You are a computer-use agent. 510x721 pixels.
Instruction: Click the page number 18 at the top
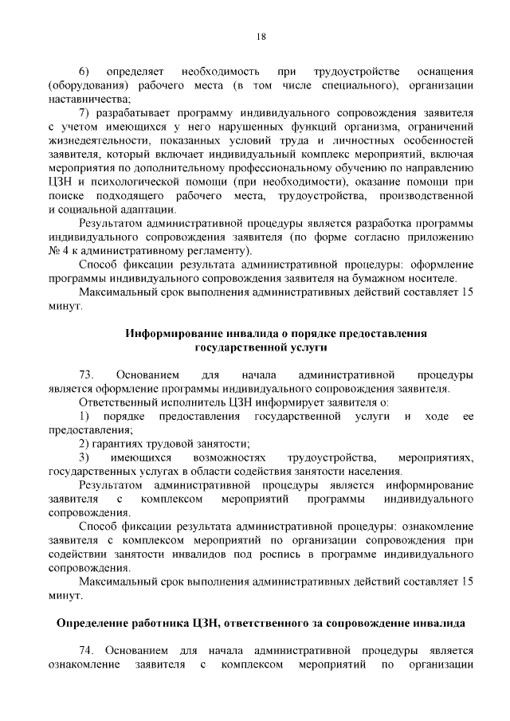(261, 36)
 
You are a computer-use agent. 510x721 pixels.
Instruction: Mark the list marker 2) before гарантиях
(84, 443)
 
